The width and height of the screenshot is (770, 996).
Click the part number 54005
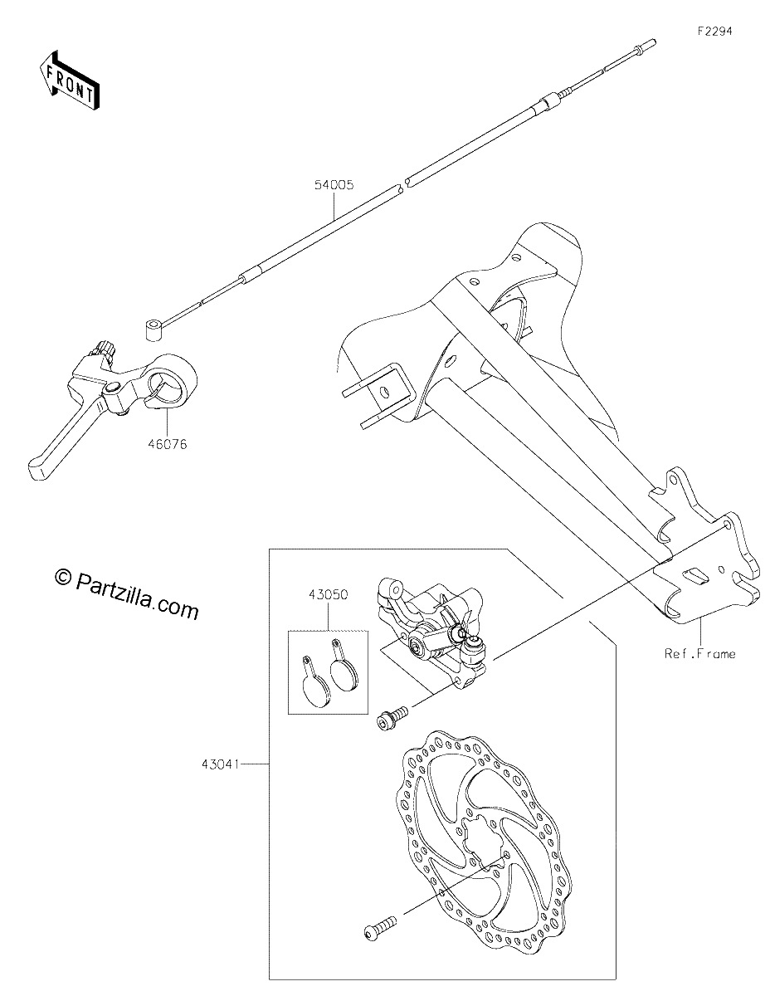tap(334, 185)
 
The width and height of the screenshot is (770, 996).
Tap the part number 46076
tap(168, 444)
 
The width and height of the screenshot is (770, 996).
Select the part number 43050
tap(328, 595)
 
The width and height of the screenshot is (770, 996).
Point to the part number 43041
tap(220, 764)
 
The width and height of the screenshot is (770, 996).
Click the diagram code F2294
tap(715, 32)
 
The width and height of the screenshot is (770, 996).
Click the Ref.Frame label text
tap(700, 654)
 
